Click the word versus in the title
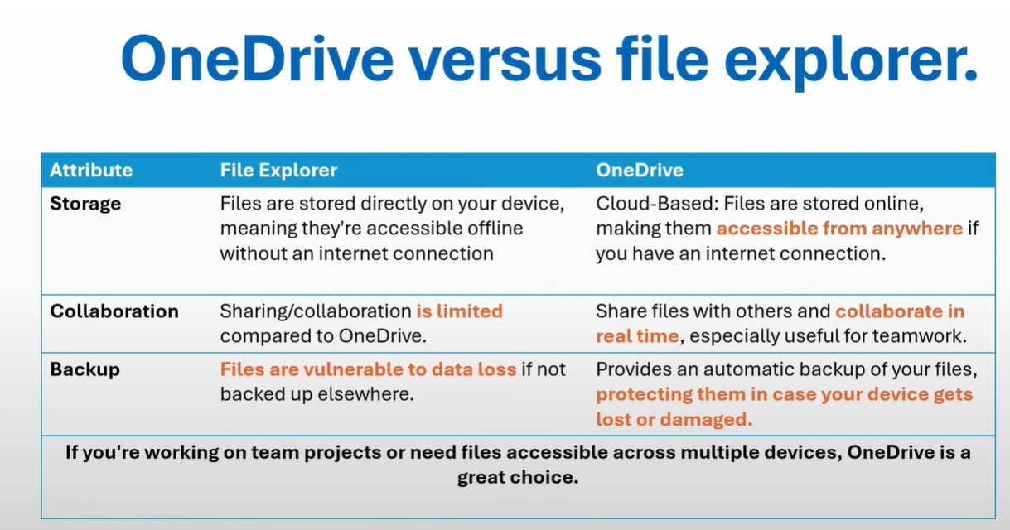(505, 60)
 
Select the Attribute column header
(91, 171)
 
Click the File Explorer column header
(278, 171)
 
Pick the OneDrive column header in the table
(640, 171)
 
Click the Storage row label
(85, 205)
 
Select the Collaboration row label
(114, 311)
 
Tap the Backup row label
(85, 370)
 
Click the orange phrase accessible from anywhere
(839, 229)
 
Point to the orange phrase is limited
(459, 311)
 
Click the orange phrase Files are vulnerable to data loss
(368, 369)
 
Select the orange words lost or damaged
(674, 420)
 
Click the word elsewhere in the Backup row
(365, 394)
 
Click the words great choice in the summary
(518, 477)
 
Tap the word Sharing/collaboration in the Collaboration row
(316, 312)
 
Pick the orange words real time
(637, 336)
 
